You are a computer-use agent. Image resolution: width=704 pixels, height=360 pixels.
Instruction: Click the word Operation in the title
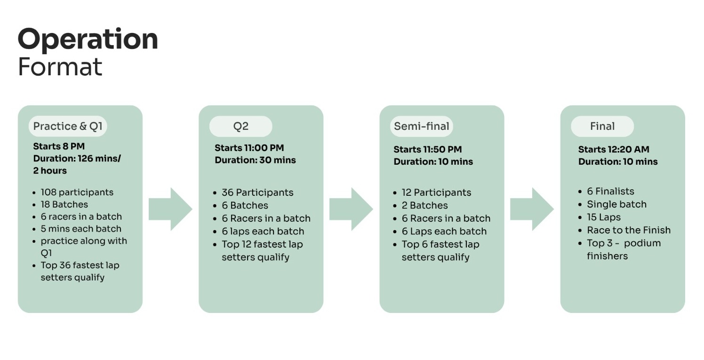88,40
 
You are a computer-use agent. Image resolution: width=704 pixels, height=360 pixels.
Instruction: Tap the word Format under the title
60,66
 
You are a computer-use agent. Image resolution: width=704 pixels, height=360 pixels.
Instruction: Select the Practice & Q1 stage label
68,126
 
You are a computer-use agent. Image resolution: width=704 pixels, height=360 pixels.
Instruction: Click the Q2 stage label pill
241,126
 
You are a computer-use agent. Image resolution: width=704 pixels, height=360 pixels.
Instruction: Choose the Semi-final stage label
422,126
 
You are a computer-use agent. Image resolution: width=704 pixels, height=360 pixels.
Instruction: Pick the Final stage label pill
602,126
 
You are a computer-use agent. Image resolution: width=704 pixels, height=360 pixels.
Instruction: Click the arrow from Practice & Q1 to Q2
170,209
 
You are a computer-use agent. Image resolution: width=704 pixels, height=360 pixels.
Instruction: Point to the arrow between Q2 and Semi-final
351,209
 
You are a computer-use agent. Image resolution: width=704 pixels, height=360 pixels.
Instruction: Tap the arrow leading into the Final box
532,209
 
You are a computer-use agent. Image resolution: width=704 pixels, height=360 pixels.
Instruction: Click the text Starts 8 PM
59,146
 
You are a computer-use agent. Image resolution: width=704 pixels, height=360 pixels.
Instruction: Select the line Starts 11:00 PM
249,148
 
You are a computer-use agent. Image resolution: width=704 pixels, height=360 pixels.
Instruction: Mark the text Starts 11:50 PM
428,149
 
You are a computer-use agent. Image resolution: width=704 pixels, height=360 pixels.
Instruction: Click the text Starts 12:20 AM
614,149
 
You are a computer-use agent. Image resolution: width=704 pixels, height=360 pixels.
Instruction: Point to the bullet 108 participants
77,192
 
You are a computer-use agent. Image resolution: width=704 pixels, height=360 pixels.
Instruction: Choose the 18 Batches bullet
64,204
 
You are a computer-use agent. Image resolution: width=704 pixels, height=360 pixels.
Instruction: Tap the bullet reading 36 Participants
257,192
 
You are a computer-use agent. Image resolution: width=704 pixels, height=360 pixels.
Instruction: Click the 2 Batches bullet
424,205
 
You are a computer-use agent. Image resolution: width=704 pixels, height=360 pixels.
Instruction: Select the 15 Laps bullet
604,217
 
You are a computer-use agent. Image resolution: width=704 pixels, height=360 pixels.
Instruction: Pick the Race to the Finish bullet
629,230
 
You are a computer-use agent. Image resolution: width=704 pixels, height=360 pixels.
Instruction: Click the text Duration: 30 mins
255,160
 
